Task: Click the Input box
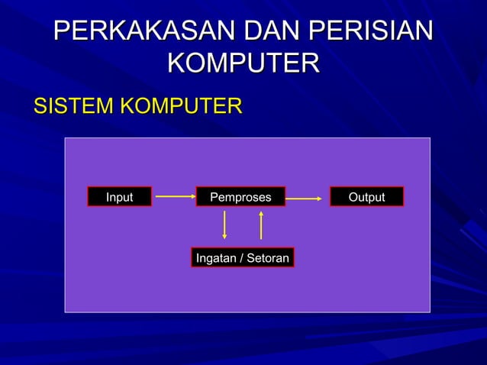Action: click(119, 197)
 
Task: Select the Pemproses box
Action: click(240, 197)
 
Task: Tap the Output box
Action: click(366, 197)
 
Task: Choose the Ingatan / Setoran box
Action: click(242, 258)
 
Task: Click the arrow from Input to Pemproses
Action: click(175, 196)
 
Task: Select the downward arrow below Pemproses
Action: click(224, 224)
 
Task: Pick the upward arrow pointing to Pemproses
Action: click(261, 224)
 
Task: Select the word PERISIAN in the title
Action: click(373, 32)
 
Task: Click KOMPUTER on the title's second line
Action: click(243, 63)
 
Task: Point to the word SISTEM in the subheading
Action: click(73, 105)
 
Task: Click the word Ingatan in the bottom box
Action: click(215, 258)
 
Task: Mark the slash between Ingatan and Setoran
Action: click(240, 258)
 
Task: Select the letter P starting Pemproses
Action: click(214, 197)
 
